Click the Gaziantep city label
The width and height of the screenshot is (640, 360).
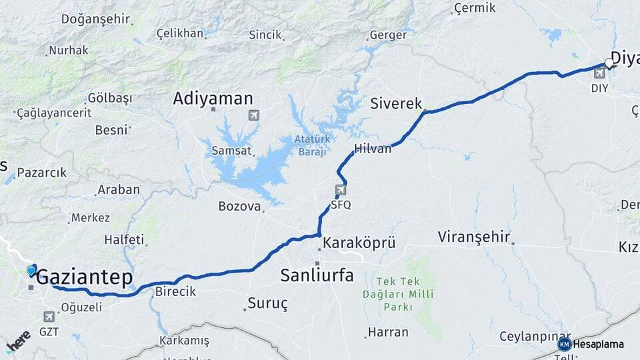[x=85, y=278]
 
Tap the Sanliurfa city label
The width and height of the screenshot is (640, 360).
[x=317, y=275]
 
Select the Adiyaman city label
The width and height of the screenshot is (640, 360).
[x=213, y=99]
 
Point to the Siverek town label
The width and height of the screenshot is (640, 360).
[x=396, y=103]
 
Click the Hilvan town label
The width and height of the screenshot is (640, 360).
[x=373, y=149]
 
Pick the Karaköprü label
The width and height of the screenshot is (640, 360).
[x=359, y=242]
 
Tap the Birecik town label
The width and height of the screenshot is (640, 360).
[x=175, y=291]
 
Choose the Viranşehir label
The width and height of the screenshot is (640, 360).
[x=474, y=237]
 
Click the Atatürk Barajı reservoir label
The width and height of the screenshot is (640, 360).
[x=311, y=145]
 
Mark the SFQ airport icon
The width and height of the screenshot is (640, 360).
[x=341, y=191]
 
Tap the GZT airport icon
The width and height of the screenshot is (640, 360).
[x=49, y=317]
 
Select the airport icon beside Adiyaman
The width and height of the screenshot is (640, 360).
[x=253, y=115]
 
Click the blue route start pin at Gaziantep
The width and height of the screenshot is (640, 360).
[x=31, y=270]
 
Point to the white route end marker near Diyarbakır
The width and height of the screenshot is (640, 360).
[x=609, y=63]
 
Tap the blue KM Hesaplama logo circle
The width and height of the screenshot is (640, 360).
[x=565, y=344]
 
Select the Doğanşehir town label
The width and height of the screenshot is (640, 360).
[x=95, y=19]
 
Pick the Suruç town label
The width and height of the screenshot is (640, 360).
[x=267, y=303]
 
